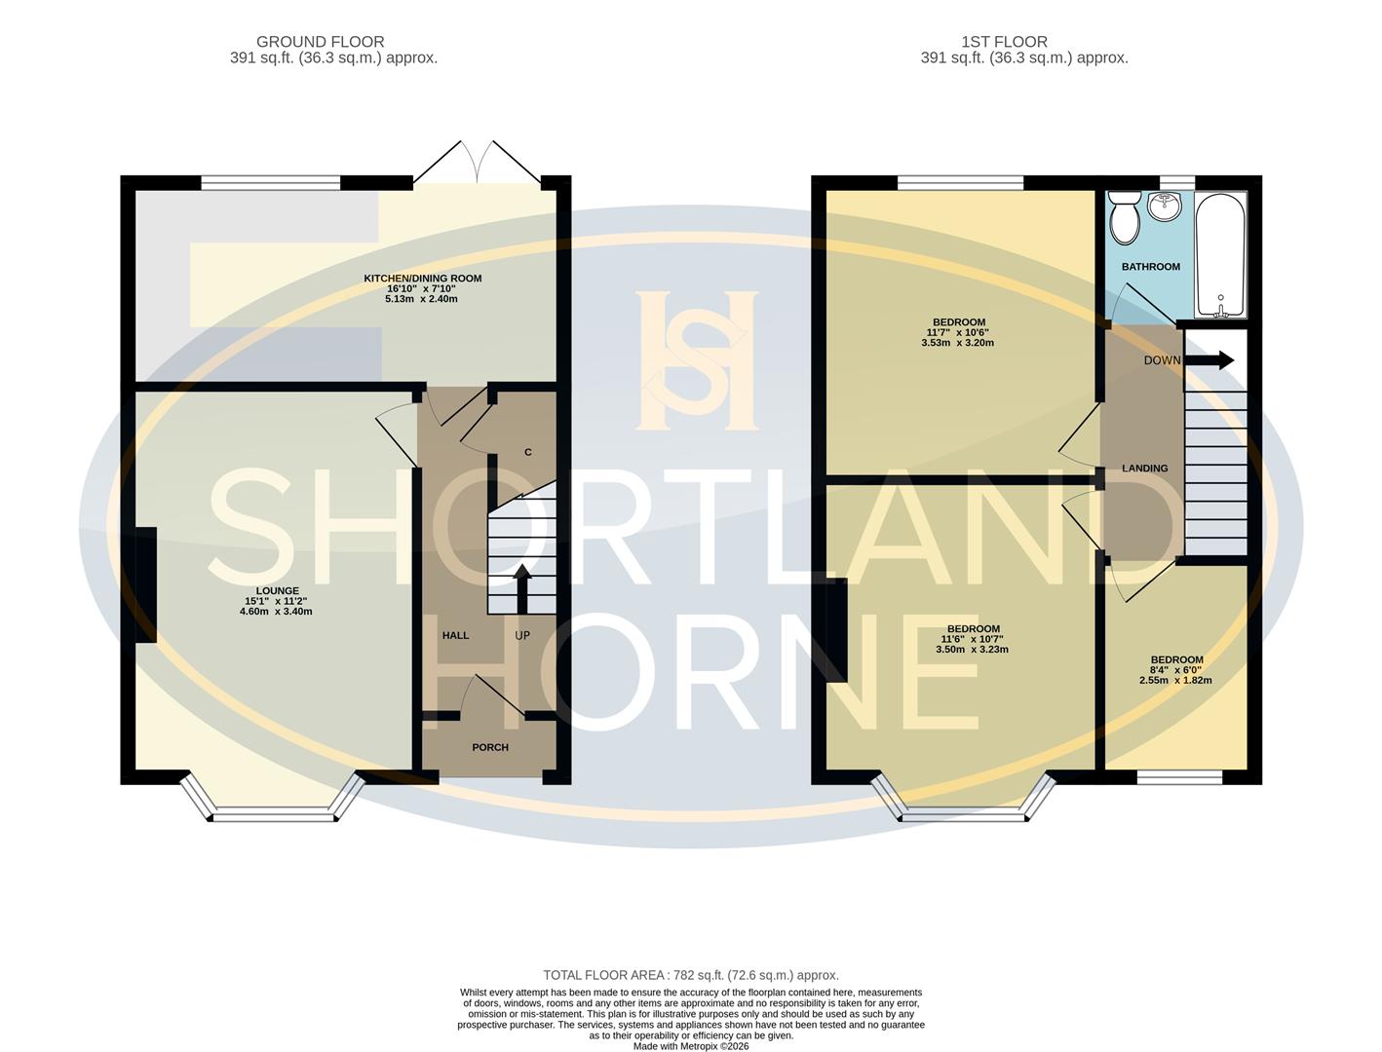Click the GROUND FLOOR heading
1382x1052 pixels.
(320, 42)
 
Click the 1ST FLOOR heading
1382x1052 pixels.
(1004, 42)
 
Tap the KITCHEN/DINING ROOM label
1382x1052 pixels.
(422, 279)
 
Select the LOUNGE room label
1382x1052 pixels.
(278, 591)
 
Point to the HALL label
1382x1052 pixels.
(455, 635)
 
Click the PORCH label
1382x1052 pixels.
(489, 747)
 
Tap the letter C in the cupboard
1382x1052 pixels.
(528, 452)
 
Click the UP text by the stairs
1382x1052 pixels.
(522, 635)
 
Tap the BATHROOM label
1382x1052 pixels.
(1150, 267)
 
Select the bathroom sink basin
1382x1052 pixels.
(1165, 206)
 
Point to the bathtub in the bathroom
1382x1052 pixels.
(1219, 256)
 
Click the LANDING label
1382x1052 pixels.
(1144, 469)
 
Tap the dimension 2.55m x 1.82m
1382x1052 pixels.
(1175, 680)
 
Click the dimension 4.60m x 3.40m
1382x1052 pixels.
(276, 612)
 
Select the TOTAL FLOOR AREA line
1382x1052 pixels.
(690, 975)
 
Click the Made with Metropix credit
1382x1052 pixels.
(690, 1046)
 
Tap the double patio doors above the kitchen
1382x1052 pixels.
(477, 164)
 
